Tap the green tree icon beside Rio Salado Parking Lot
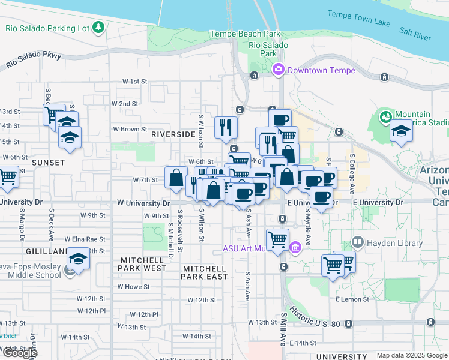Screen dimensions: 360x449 pos(98,28)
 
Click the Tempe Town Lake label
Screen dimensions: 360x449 pos(358,17)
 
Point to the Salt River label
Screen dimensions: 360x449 pos(415,33)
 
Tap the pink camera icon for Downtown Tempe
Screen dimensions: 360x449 pos(279,70)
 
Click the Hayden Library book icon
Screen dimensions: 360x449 pos(358,243)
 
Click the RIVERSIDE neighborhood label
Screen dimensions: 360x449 pos(173,135)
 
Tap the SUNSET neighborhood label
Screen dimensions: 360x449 pos(48,163)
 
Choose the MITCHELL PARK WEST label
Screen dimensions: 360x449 pos(143,265)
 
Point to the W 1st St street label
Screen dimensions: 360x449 pos(134,81)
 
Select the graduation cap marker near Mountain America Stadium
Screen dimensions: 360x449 pos(400,130)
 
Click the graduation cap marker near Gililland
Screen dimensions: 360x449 pos(78,258)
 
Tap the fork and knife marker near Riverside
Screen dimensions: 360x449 pos(226,127)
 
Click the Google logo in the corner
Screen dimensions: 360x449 pos(19,353)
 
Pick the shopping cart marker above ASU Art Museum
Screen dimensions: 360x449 pos(277,239)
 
